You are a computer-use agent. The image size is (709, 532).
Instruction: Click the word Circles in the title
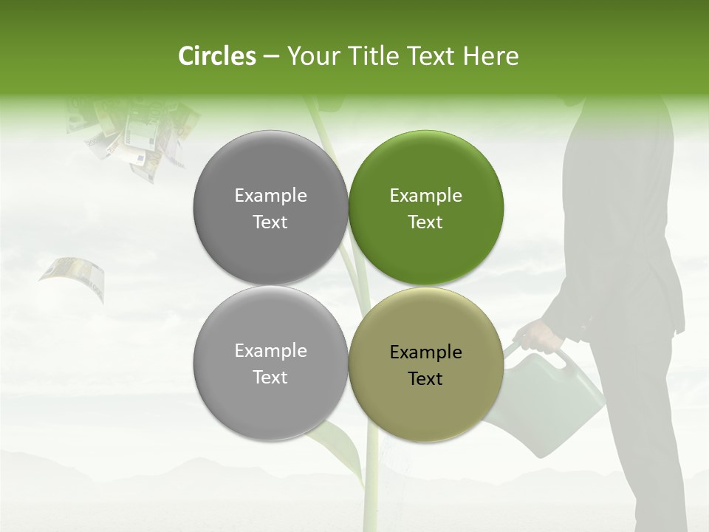216,56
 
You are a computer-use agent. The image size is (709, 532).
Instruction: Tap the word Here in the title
490,56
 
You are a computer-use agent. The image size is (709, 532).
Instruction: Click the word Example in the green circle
426,195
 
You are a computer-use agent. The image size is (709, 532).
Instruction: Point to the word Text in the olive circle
425,379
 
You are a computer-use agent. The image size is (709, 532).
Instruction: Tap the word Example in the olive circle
426,352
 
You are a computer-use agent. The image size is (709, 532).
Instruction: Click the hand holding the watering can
543,336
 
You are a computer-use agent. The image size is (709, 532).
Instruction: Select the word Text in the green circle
425,222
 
